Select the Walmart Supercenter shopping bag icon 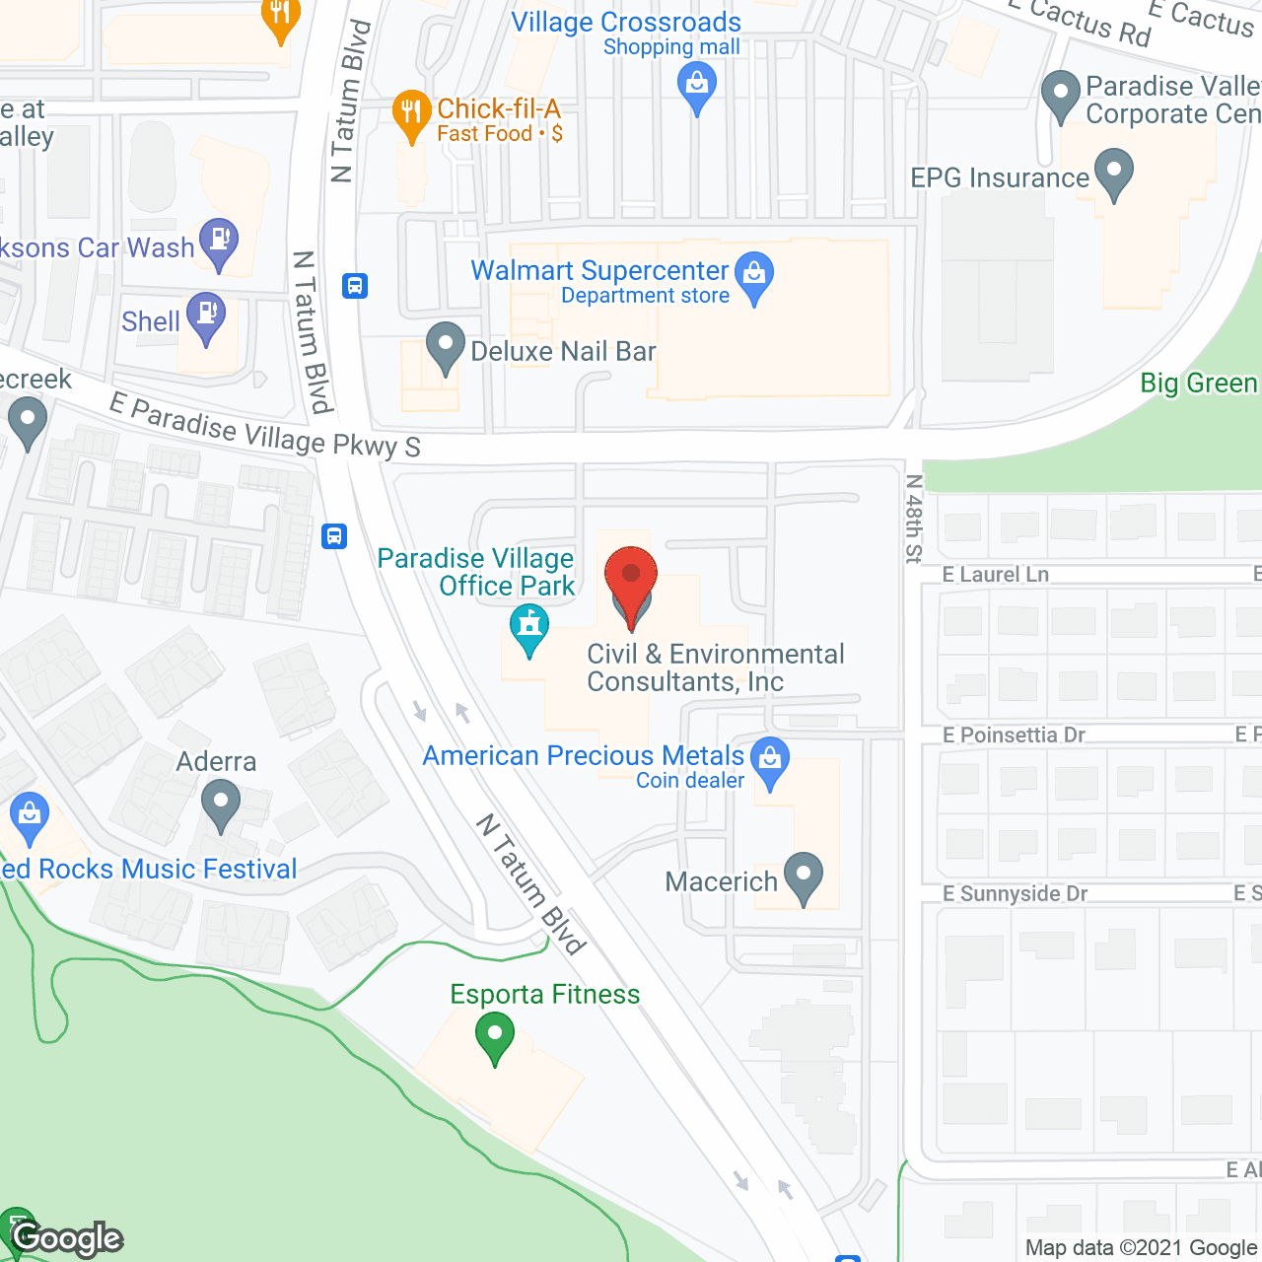(x=755, y=276)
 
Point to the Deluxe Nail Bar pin (x=445, y=346)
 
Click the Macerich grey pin (x=804, y=876)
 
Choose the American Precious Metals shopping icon (x=770, y=760)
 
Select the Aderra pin (x=221, y=804)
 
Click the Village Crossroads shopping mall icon (x=697, y=85)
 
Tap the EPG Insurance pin (x=1113, y=172)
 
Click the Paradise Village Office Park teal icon (x=529, y=628)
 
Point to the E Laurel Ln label (x=995, y=575)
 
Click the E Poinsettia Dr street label (x=1013, y=735)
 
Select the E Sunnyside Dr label (x=1015, y=893)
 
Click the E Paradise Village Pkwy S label (x=264, y=427)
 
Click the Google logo (x=68, y=1238)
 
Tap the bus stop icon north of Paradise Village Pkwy (x=355, y=286)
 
